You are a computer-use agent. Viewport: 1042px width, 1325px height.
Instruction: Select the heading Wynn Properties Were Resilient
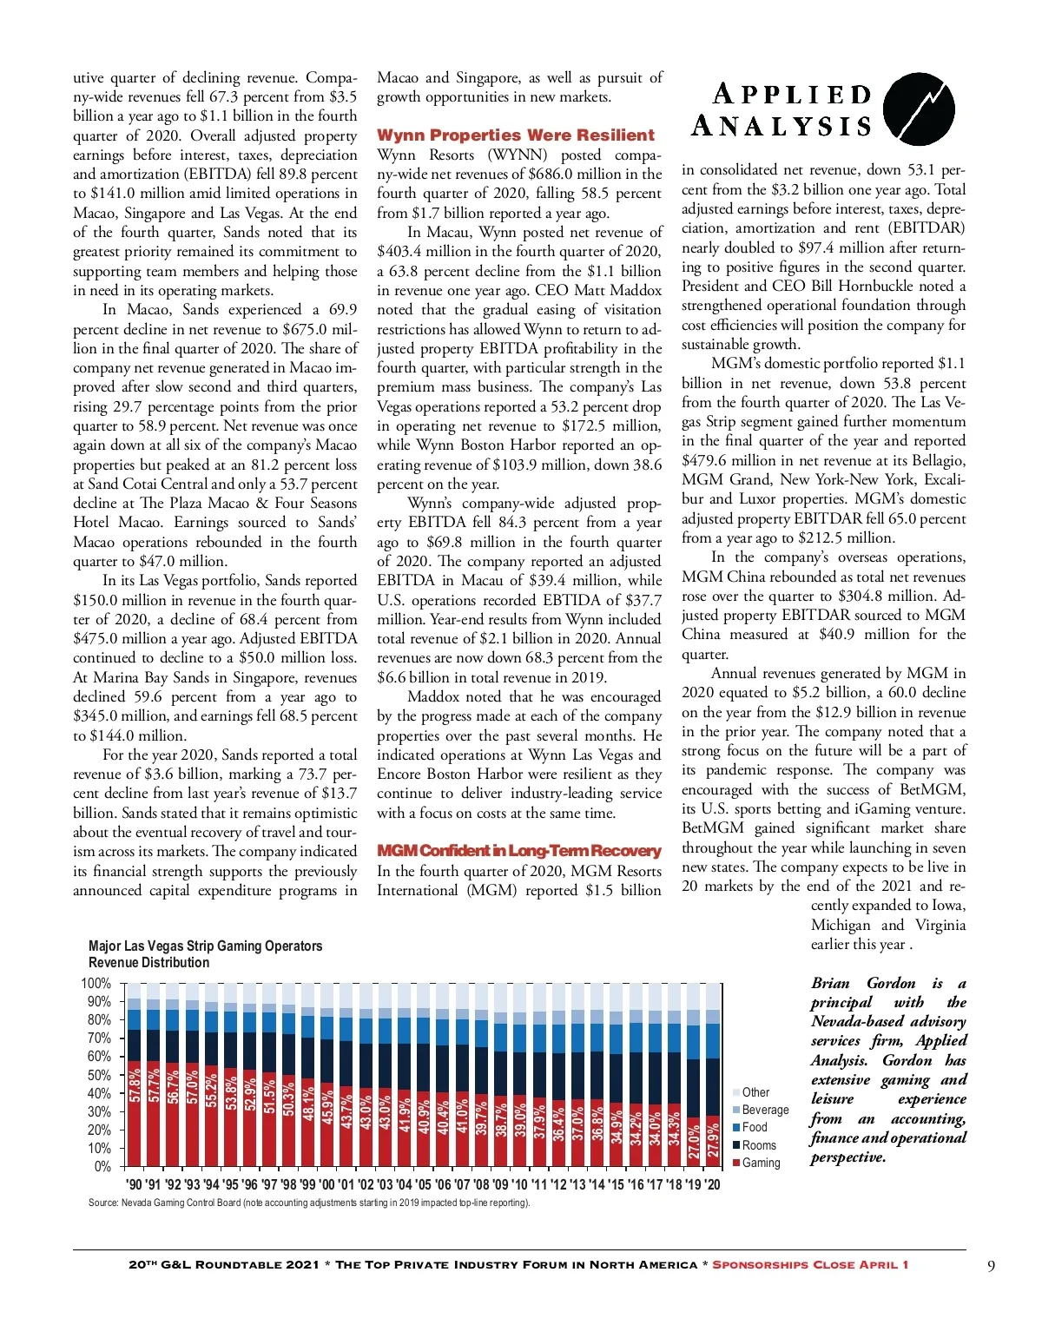tap(515, 135)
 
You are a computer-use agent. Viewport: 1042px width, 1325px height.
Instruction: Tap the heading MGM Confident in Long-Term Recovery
tap(518, 851)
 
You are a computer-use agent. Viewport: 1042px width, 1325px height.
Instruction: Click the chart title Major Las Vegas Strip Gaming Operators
tap(205, 946)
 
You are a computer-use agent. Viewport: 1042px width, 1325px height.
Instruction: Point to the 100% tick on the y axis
tap(96, 983)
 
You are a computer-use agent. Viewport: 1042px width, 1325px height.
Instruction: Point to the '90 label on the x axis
tap(134, 1184)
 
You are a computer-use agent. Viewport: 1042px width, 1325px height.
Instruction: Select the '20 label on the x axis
tap(712, 1184)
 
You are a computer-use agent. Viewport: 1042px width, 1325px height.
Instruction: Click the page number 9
tap(991, 1265)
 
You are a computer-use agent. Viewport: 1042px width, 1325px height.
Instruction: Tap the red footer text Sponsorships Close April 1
tap(810, 1264)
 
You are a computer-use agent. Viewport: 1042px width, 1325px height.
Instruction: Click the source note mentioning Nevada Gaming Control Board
tap(308, 1203)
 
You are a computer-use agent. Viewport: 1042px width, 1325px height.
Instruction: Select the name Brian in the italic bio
tap(830, 983)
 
